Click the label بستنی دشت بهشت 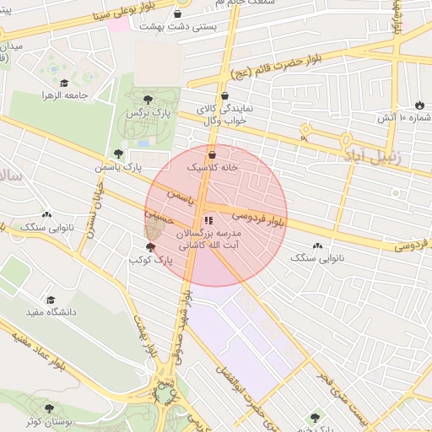pos(178,28)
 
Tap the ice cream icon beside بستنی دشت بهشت pos(178,14)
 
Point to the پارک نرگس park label pos(143,112)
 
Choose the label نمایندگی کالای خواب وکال pos(223,116)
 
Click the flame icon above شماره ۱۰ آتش pos(418,104)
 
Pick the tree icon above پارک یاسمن pos(118,154)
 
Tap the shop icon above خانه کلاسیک pos(211,155)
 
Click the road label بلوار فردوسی pos(257,219)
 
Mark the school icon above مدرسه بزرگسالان pos(209,221)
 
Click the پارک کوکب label pos(150,261)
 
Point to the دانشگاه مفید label pos(51,312)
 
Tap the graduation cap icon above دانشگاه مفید pos(51,300)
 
